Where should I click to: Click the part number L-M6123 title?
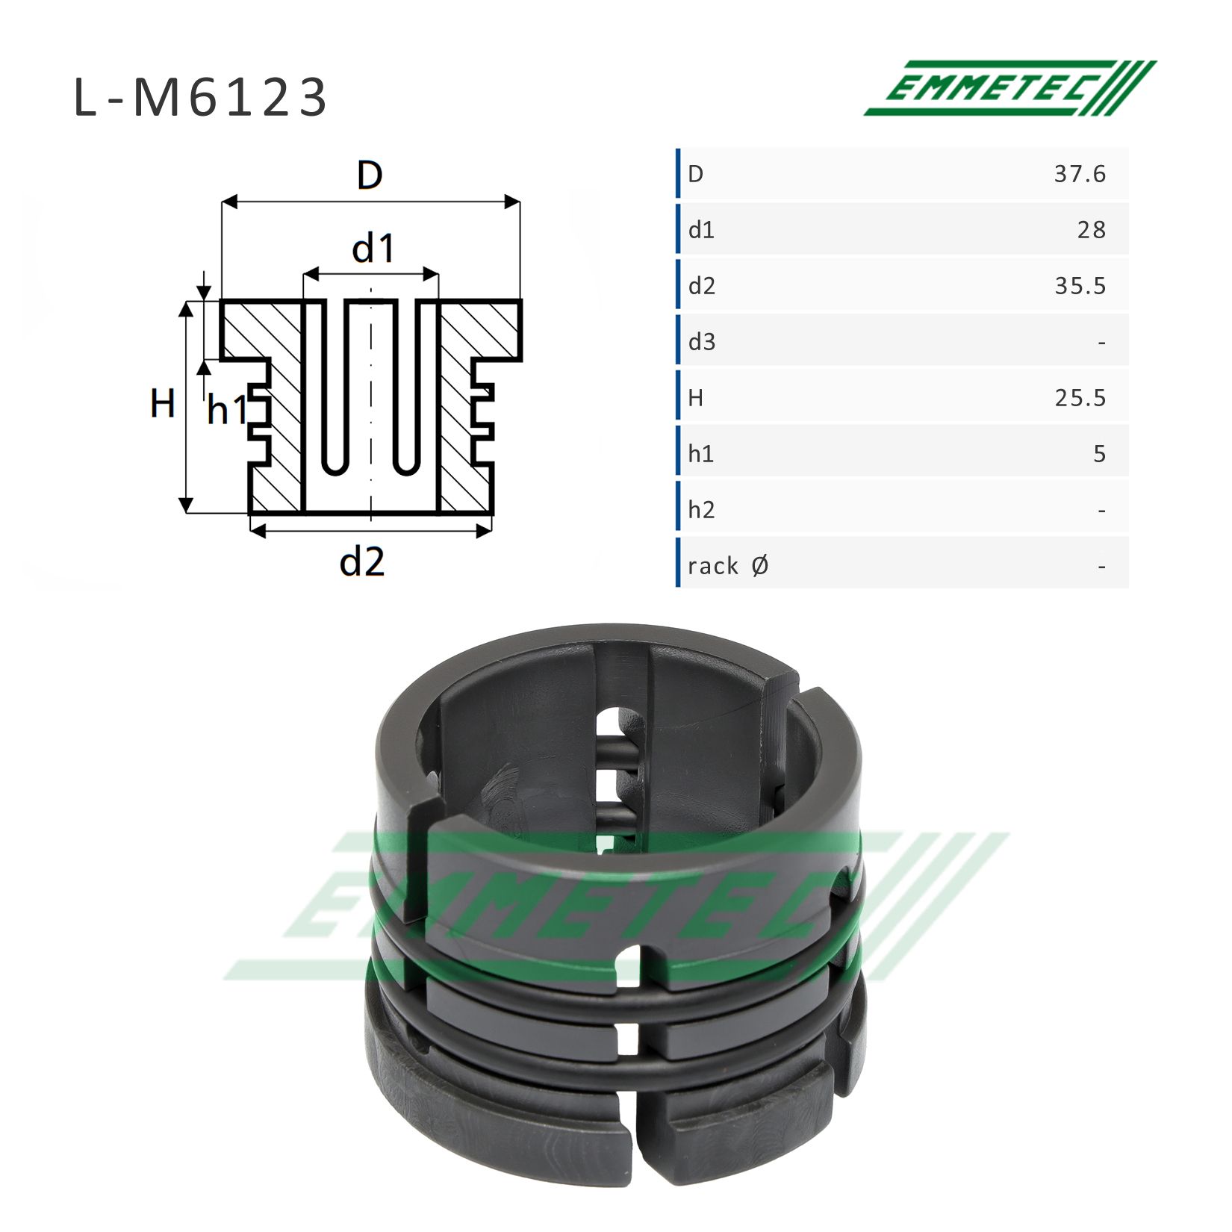[200, 98]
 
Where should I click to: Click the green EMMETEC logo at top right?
[1009, 88]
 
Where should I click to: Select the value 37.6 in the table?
[1080, 174]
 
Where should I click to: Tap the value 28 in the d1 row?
[1091, 230]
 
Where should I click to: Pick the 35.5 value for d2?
[1080, 286]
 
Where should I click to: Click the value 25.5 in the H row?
[1080, 398]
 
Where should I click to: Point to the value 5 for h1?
[1099, 454]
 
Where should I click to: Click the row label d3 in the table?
[702, 342]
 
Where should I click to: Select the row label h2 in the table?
[702, 510]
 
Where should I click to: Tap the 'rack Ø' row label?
[728, 566]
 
